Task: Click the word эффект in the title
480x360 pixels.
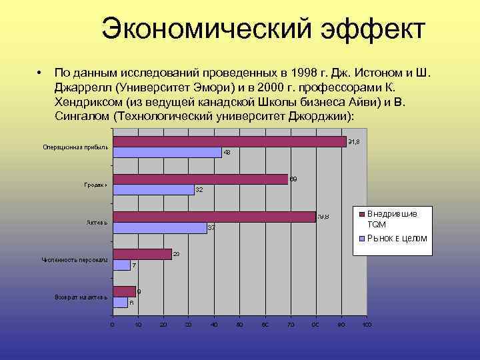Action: point(373,29)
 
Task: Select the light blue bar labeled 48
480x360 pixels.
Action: point(167,153)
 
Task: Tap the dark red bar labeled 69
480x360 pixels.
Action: point(200,179)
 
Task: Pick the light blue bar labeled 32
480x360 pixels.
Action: point(153,190)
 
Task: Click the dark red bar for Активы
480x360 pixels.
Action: point(214,217)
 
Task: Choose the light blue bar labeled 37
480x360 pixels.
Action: point(159,228)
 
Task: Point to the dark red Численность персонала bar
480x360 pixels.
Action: point(142,254)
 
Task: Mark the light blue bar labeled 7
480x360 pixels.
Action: point(121,265)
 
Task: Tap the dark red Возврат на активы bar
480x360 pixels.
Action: point(124,291)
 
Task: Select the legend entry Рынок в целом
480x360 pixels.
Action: point(397,238)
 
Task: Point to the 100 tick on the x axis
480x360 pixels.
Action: point(366,325)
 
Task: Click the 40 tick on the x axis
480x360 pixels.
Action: point(214,325)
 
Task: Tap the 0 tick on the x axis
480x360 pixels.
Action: point(112,325)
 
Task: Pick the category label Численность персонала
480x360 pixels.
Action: point(75,259)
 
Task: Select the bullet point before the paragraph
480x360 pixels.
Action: point(40,72)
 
